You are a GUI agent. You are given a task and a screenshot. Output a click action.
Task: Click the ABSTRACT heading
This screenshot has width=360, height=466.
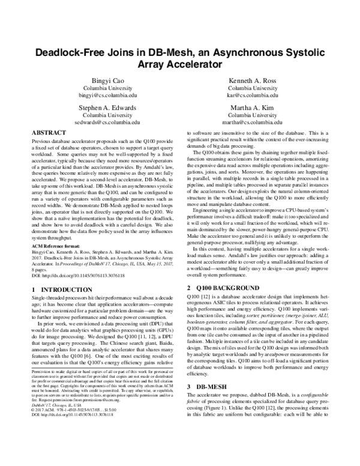point(49,132)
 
